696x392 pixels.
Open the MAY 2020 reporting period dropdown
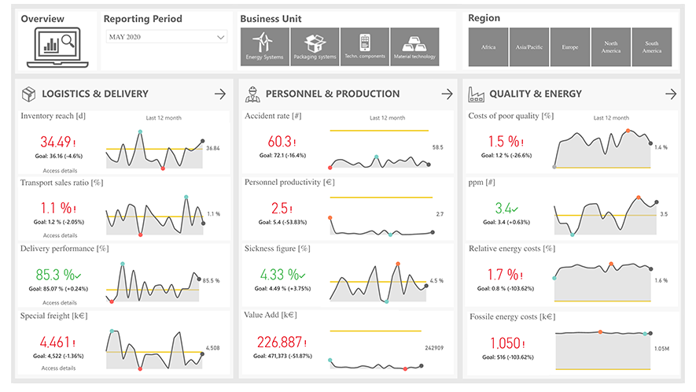[x=166, y=37]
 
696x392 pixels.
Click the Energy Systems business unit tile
[x=264, y=46]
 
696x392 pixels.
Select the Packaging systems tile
[x=315, y=46]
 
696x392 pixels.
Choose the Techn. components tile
[x=364, y=46]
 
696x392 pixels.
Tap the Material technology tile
[x=414, y=46]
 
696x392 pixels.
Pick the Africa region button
[x=488, y=47]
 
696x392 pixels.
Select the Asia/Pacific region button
[x=529, y=47]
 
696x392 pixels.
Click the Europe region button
[x=570, y=47]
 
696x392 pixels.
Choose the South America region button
[x=652, y=47]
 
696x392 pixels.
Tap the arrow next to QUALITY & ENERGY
[x=670, y=94]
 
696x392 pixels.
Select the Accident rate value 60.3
[x=281, y=142]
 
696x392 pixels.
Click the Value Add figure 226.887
[x=281, y=342]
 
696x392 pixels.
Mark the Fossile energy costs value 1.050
[x=505, y=343]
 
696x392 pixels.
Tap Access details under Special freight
[x=59, y=368]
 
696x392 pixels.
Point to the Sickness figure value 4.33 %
[x=281, y=276]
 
